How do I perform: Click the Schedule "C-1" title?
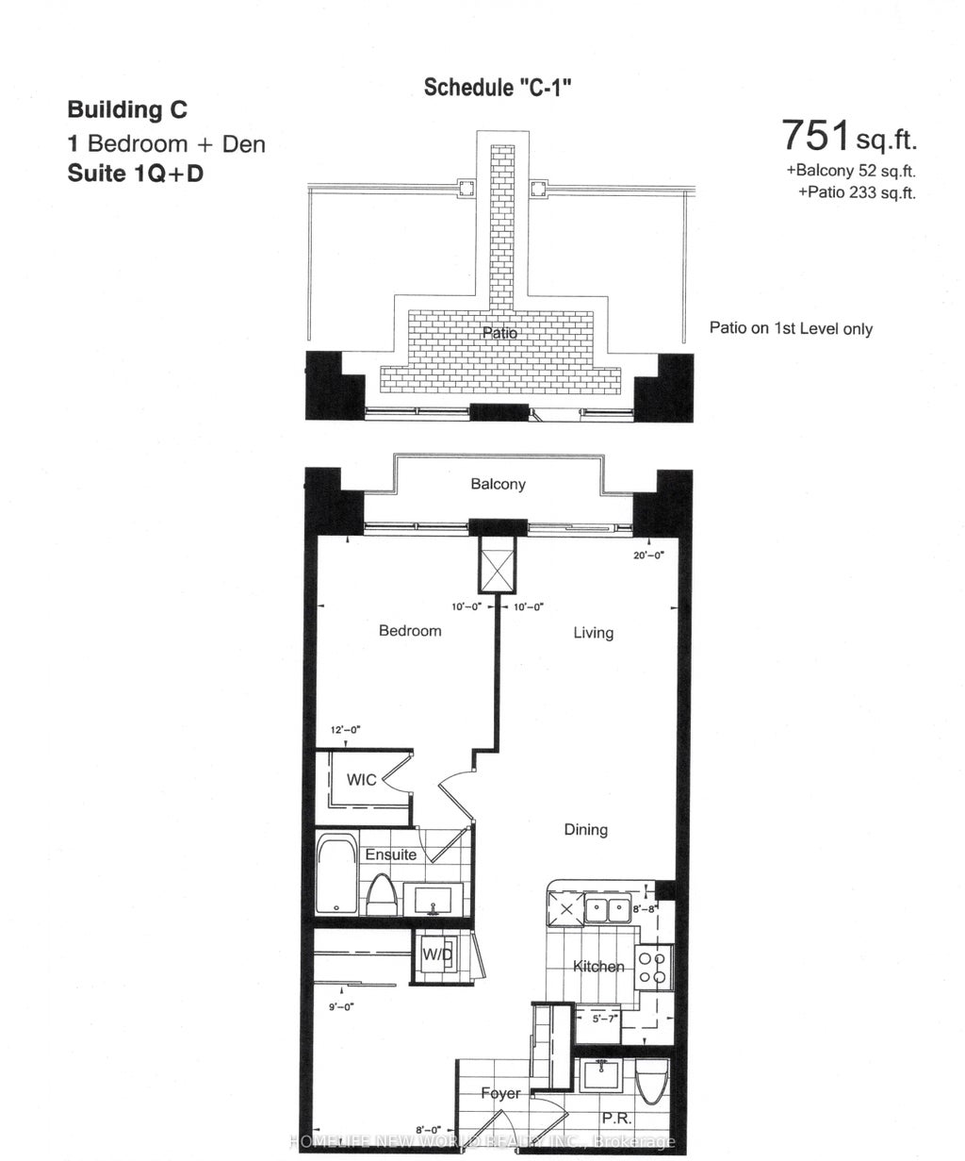(x=499, y=88)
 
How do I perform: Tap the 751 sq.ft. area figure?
(x=848, y=137)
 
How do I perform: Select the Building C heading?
(x=127, y=109)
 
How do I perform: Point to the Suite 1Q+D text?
(x=135, y=174)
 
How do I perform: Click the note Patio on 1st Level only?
(x=791, y=329)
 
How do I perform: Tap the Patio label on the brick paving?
(x=499, y=333)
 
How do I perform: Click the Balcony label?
(x=499, y=484)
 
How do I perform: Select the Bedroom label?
(x=410, y=630)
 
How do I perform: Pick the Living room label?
(x=594, y=633)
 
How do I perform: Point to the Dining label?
(x=585, y=829)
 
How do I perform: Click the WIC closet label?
(x=362, y=779)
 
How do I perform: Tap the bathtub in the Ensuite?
(x=335, y=874)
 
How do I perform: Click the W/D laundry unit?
(x=437, y=954)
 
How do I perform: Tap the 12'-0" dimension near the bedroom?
(x=346, y=729)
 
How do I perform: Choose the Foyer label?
(x=499, y=1093)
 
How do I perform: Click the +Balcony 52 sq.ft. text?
(x=851, y=172)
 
